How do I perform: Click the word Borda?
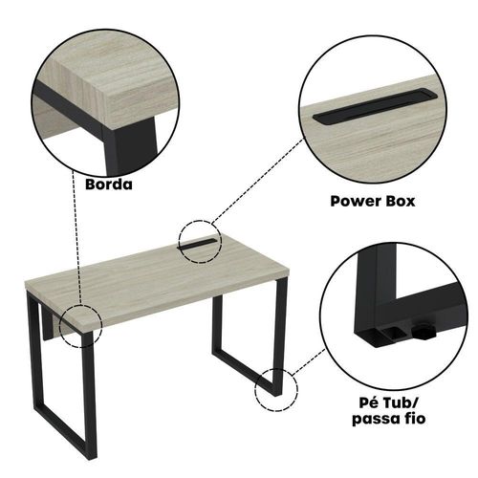coord(109,185)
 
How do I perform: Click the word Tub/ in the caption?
coord(400,403)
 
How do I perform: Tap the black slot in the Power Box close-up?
coord(376,106)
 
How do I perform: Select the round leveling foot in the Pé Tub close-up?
coord(424,332)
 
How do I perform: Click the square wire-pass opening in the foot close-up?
coord(394,334)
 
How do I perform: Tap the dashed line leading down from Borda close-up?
coord(77,236)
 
